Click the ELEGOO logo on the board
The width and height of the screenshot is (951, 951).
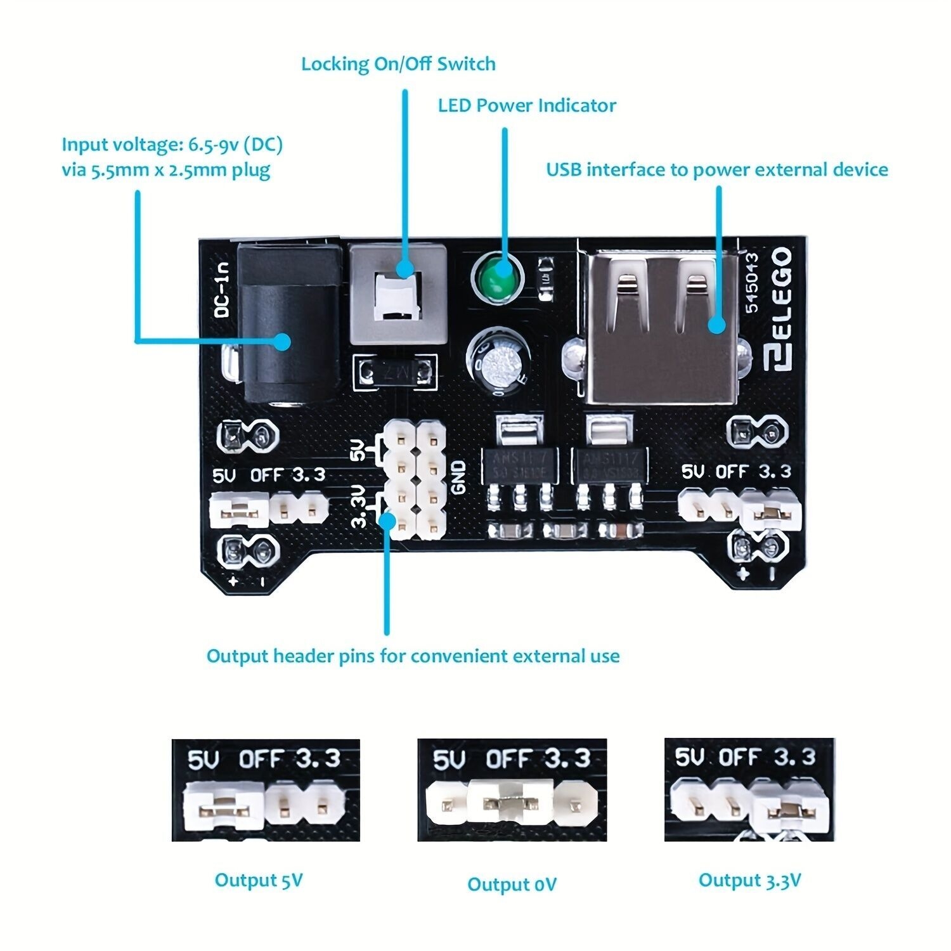(x=779, y=309)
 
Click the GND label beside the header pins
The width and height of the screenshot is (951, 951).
(x=458, y=477)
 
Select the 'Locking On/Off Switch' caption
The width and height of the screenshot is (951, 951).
(x=398, y=64)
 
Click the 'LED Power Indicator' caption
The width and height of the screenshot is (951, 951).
(x=527, y=105)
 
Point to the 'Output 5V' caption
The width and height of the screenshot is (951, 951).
(x=259, y=880)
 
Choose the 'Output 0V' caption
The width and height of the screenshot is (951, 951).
(x=512, y=884)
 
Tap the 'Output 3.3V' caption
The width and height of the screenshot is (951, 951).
(x=749, y=880)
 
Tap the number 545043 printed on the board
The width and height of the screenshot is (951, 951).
(x=751, y=283)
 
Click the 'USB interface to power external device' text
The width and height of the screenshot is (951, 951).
(x=717, y=170)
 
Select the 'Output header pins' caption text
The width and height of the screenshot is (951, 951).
(x=413, y=656)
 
